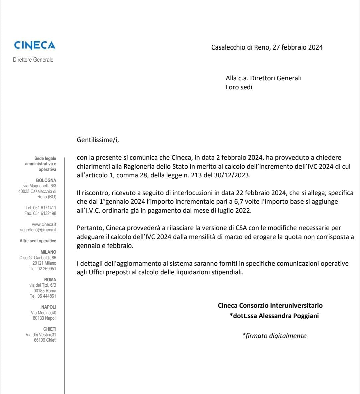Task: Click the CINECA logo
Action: point(35,45)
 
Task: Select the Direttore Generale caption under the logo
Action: point(33,60)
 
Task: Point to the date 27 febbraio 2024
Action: point(297,47)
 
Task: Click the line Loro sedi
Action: point(239,87)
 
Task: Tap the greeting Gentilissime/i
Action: point(98,140)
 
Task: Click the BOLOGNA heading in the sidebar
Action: point(46,180)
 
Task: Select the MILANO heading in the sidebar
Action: point(48,252)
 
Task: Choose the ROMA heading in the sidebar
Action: point(50,280)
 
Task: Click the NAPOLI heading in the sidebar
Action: point(49,307)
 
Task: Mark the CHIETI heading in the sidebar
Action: point(50,329)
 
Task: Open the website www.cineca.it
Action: point(44,224)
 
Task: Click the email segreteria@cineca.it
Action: point(38,230)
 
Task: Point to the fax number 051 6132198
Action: point(44,213)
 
